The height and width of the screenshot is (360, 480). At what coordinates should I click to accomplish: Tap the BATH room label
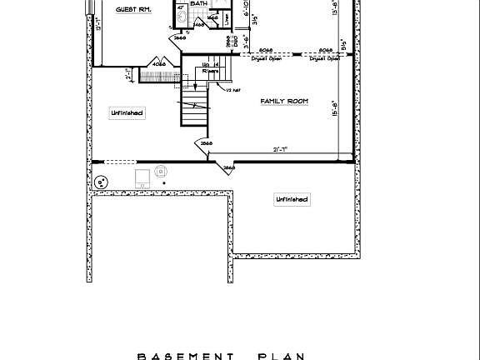(199, 3)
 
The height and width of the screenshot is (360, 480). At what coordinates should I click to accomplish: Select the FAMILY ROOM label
(284, 101)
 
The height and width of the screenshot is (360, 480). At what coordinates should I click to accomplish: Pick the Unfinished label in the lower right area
(292, 199)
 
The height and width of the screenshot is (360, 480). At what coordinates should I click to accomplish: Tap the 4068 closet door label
(159, 63)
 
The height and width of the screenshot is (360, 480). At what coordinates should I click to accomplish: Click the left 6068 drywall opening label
(267, 50)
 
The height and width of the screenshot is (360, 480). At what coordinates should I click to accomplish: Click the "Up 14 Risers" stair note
(212, 67)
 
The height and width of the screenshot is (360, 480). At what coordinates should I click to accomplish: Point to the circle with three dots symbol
(102, 181)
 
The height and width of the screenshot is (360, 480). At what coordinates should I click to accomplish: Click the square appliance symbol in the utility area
(143, 177)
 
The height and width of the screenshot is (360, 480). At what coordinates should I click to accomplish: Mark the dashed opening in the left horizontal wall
(121, 162)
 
